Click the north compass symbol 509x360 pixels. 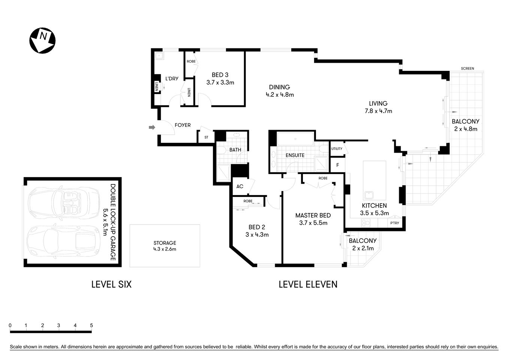(42, 40)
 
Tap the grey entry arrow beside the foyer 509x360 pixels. (152, 127)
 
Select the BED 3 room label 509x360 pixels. (220, 75)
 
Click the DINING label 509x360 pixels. (279, 87)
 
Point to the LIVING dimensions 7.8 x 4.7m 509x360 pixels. (378, 111)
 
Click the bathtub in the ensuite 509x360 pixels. (295, 139)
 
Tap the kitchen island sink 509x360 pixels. (368, 195)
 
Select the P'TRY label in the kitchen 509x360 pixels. (395, 223)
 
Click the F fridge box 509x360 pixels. (338, 165)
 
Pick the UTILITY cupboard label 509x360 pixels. (337, 149)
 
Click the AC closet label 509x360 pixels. (240, 186)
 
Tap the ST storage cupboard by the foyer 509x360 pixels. (206, 137)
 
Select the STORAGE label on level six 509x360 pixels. (165, 243)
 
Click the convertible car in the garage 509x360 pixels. (64, 202)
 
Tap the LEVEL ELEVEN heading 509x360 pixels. (308, 284)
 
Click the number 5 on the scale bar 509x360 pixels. (91, 325)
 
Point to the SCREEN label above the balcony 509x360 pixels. (467, 69)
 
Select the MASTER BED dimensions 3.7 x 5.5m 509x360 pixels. (313, 223)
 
